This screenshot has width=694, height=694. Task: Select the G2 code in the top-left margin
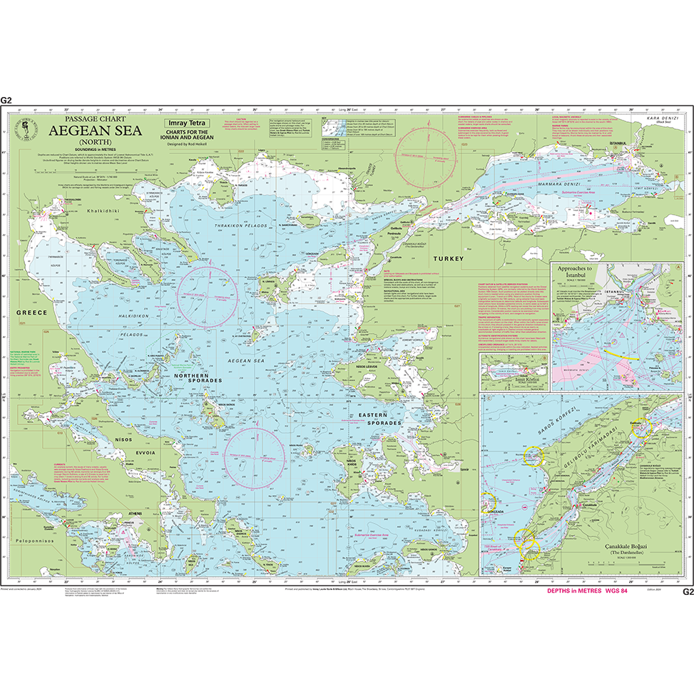(7, 101)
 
